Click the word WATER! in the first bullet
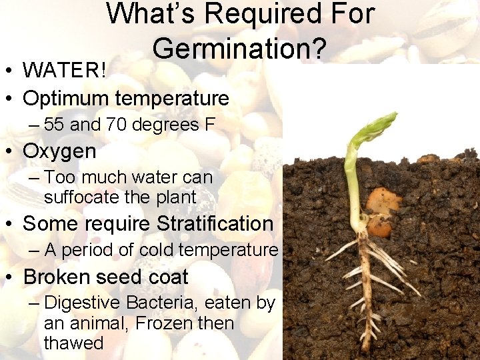[64, 70]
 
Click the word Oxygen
[59, 151]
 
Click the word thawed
[73, 343]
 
